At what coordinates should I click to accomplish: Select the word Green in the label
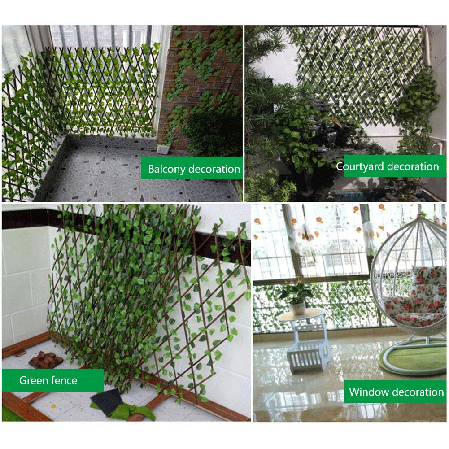click(32, 381)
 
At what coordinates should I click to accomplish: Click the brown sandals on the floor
click(43, 359)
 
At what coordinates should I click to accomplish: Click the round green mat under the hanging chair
click(413, 359)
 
